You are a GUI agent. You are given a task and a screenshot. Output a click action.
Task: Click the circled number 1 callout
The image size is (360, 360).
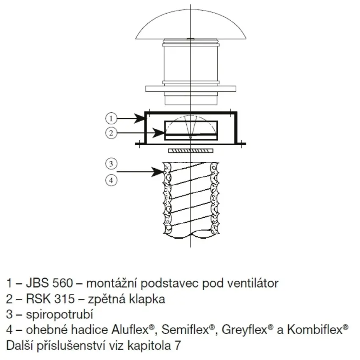click(x=111, y=119)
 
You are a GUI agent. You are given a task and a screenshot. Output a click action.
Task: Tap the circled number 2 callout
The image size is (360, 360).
click(x=111, y=133)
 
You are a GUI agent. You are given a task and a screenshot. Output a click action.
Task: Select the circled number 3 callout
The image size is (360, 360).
click(x=111, y=164)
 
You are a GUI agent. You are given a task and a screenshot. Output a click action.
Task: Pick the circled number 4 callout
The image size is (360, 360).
click(x=111, y=180)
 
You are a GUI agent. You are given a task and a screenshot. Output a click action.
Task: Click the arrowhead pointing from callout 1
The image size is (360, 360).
click(x=139, y=119)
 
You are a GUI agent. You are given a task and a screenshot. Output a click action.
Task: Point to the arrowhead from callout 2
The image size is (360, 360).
click(x=159, y=133)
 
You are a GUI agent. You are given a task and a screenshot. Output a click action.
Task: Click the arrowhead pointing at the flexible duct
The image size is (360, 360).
click(x=157, y=172)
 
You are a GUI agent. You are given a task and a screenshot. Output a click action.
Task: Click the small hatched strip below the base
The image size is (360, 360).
click(x=191, y=151)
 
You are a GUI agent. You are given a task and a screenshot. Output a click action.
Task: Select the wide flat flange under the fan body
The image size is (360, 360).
click(x=191, y=89)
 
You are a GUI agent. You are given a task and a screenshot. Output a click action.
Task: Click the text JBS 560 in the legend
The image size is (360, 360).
click(x=50, y=283)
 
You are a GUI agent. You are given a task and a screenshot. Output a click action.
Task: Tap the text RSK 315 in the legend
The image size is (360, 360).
click(x=50, y=299)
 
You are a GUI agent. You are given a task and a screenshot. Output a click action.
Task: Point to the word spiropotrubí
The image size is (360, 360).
click(x=59, y=314)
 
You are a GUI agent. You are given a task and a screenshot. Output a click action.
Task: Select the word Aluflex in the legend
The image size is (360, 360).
click(x=130, y=330)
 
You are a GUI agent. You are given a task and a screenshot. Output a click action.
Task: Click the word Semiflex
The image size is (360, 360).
click(x=185, y=330)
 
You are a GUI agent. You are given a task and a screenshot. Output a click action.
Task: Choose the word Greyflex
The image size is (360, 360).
click(x=244, y=330)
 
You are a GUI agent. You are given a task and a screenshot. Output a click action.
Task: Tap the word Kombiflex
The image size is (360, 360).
click(x=315, y=330)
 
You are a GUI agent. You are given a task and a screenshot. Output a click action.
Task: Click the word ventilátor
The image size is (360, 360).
click(x=253, y=283)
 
